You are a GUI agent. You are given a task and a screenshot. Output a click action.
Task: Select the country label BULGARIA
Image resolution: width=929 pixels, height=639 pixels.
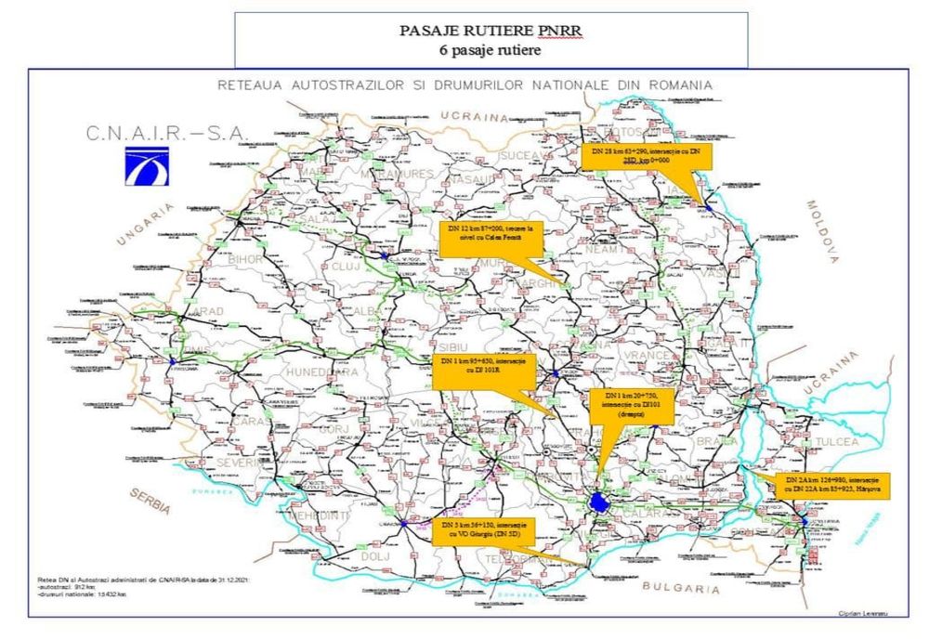(682, 589)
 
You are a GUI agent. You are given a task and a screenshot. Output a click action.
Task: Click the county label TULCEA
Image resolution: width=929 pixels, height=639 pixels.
(833, 441)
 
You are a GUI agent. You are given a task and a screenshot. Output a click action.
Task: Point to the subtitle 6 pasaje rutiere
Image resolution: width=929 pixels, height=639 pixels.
(490, 50)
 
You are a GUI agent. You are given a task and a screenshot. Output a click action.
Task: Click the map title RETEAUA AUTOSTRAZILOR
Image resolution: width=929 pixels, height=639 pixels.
(464, 85)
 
